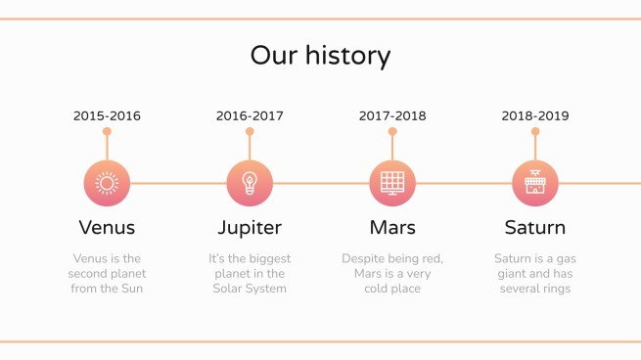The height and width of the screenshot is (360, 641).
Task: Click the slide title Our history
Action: pyautogui.click(x=320, y=55)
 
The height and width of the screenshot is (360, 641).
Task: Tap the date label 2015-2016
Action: pyautogui.click(x=107, y=115)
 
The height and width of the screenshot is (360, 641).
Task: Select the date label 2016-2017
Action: pyautogui.click(x=250, y=115)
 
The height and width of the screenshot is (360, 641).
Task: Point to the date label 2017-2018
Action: pyautogui.click(x=392, y=115)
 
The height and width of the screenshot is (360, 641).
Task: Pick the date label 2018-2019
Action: pyautogui.click(x=535, y=115)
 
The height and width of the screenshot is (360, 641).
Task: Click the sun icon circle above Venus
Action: pyautogui.click(x=107, y=183)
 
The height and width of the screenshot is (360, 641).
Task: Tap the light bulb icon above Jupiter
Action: pyautogui.click(x=250, y=183)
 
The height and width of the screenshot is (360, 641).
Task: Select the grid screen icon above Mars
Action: pyautogui.click(x=392, y=183)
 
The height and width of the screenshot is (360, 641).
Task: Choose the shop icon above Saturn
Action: pyautogui.click(x=535, y=183)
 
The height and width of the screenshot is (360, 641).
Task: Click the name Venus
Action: pyautogui.click(x=107, y=228)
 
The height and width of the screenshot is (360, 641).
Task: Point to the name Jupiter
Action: pyautogui.click(x=250, y=228)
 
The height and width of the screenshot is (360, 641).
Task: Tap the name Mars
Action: pyautogui.click(x=392, y=228)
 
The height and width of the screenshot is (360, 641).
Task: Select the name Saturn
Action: pyautogui.click(x=535, y=228)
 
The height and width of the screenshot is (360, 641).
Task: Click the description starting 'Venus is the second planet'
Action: pyautogui.click(x=107, y=274)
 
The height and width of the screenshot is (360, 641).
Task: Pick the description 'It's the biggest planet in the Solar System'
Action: pyautogui.click(x=250, y=274)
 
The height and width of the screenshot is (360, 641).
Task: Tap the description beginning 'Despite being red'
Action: pyautogui.click(x=392, y=274)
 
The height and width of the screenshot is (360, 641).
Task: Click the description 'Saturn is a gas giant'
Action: pyautogui.click(x=535, y=274)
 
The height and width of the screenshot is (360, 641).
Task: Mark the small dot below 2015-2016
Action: pyautogui.click(x=107, y=131)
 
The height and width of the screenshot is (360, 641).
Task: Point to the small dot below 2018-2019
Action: pyautogui.click(x=535, y=131)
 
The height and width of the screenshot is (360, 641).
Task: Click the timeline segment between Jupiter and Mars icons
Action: pyautogui.click(x=321, y=183)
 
